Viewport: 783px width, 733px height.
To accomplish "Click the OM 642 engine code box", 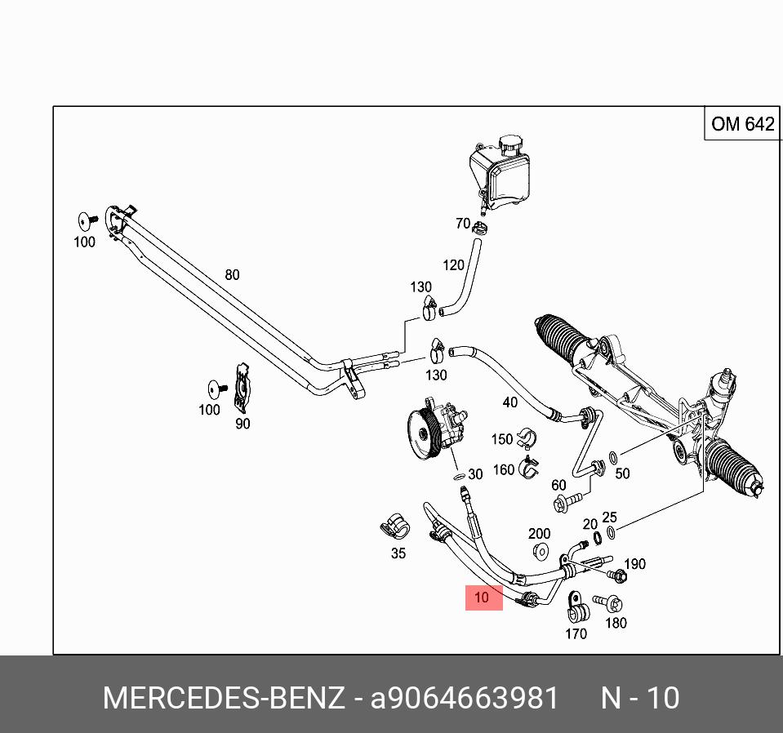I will (741, 124).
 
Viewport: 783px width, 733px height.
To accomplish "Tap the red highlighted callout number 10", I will (483, 598).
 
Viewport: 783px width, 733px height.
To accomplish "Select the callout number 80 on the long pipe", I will (233, 275).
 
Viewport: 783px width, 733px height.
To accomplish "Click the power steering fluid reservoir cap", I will (511, 146).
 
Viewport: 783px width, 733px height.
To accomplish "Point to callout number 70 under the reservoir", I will (462, 224).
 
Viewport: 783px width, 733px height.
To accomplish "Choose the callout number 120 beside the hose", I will (453, 264).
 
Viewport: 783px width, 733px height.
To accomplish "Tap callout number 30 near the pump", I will (475, 474).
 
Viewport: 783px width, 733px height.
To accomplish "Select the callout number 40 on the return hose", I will (509, 402).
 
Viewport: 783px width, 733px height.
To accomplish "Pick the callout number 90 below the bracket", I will (242, 424).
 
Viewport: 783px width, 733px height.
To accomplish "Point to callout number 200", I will (539, 534).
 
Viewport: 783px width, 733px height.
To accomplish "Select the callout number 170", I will (576, 633).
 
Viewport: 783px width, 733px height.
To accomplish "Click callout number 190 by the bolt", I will (634, 564).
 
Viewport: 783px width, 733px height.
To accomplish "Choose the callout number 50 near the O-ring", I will (622, 473).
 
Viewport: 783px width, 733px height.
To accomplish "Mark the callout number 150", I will (502, 439).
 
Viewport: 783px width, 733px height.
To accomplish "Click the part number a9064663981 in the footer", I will (465, 699).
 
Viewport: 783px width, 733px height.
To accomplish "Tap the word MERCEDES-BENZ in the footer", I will (223, 699).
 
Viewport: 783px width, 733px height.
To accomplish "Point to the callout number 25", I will (609, 518).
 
